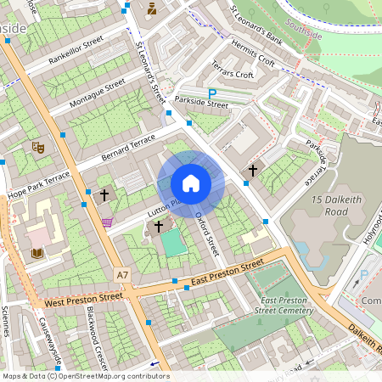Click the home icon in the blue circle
[191, 183]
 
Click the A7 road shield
[124, 275]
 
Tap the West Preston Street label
[84, 299]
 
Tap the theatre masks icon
[37, 147]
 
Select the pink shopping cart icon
[107, 222]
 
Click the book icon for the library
[37, 252]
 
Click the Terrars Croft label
[233, 75]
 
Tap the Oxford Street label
[207, 234]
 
